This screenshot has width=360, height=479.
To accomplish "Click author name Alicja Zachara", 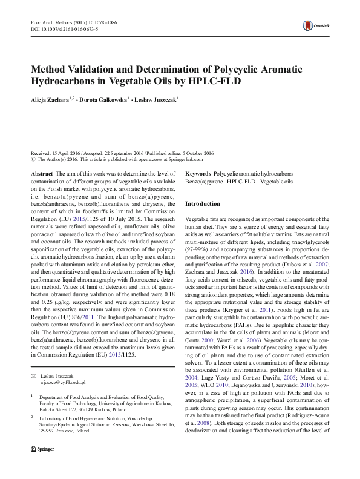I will pos(50,99).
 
